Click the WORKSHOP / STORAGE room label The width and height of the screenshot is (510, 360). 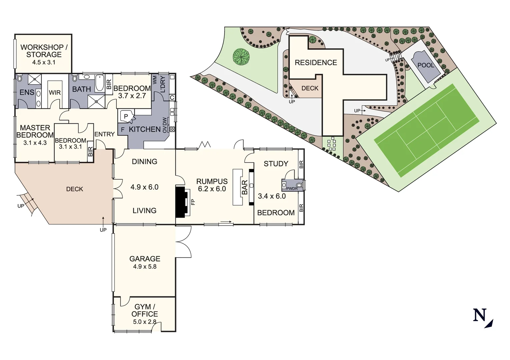tap(44, 51)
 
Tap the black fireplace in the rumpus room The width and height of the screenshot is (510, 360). tap(182, 202)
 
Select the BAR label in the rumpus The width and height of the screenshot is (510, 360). tap(245, 187)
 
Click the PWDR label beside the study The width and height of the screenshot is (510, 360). tap(292, 189)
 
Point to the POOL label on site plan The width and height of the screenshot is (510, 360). tap(426, 65)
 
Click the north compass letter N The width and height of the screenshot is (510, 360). tap(479, 315)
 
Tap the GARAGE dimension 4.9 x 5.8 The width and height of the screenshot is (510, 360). tap(144, 267)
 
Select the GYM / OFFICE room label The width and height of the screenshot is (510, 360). tap(144, 310)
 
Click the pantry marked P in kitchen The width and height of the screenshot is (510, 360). tap(126, 116)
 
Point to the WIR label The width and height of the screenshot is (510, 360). tap(55, 93)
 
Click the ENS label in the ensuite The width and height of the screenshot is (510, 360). tap(27, 92)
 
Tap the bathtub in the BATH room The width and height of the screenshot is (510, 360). tap(100, 83)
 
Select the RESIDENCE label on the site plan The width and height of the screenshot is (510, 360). tap(316, 63)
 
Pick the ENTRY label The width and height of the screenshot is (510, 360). tap(104, 134)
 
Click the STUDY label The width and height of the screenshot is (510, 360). tap(276, 164)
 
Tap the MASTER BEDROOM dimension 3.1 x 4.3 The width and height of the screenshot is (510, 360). tap(35, 143)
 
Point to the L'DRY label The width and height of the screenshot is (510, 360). tap(162, 84)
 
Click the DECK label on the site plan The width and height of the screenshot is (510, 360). tap(310, 88)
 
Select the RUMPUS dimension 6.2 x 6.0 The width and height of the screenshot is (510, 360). tap(212, 189)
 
